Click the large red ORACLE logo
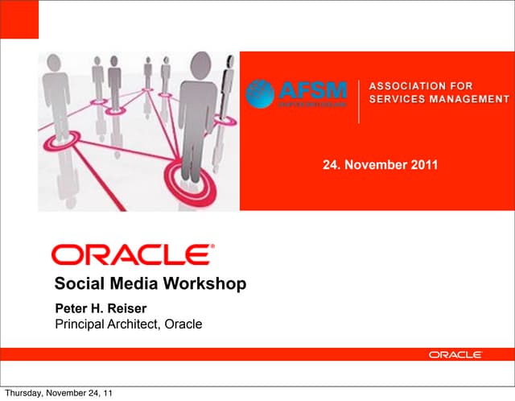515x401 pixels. pos(132,255)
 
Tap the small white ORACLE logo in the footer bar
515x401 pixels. pos(455,354)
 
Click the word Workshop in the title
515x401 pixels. pos(207,283)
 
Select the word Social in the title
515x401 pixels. pos(76,283)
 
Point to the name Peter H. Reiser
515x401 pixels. pos(100,309)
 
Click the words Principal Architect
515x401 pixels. pos(105,325)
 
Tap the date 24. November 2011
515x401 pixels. pos(380,165)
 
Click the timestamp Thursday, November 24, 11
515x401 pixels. pos(56,393)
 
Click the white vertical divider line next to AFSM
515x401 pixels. pos(358,101)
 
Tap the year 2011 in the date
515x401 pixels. pos(423,165)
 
